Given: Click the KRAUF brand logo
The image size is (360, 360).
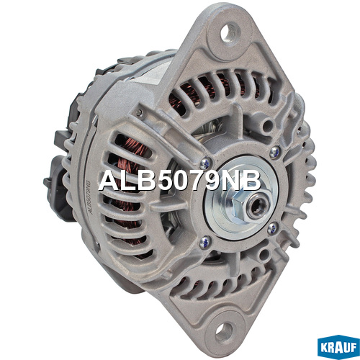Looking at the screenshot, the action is coord(338,348).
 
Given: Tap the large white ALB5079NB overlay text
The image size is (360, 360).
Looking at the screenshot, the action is coord(179,181).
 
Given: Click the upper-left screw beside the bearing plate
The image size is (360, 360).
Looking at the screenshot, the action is coord(204,163).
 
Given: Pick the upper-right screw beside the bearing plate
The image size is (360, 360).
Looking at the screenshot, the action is coord(275,152).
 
